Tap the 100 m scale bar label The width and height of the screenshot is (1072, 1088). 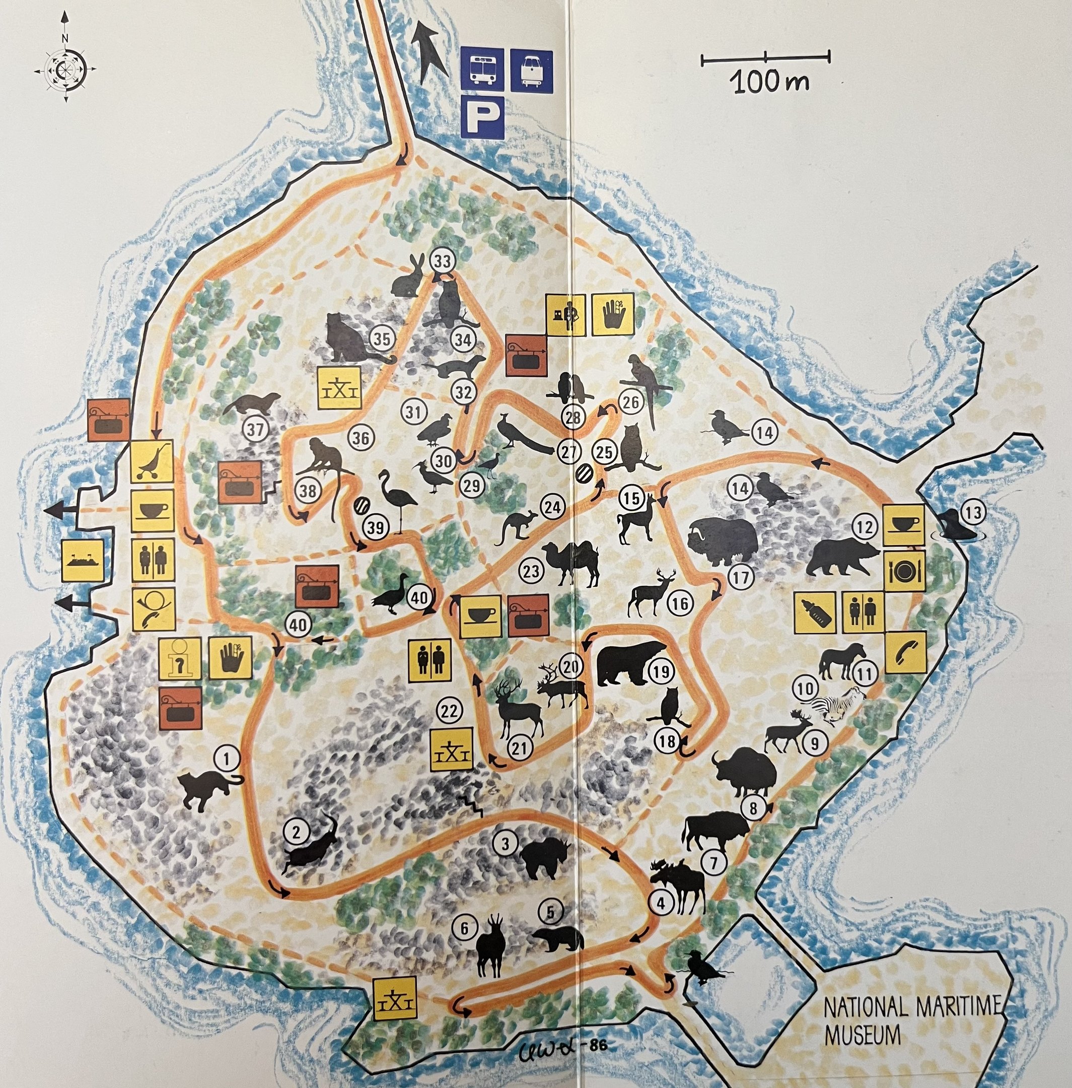click(770, 83)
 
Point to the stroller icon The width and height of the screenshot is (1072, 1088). click(152, 461)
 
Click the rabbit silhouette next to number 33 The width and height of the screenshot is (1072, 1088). click(408, 277)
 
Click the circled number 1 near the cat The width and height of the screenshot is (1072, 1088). click(228, 760)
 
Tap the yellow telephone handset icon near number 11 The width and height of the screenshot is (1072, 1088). click(905, 652)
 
